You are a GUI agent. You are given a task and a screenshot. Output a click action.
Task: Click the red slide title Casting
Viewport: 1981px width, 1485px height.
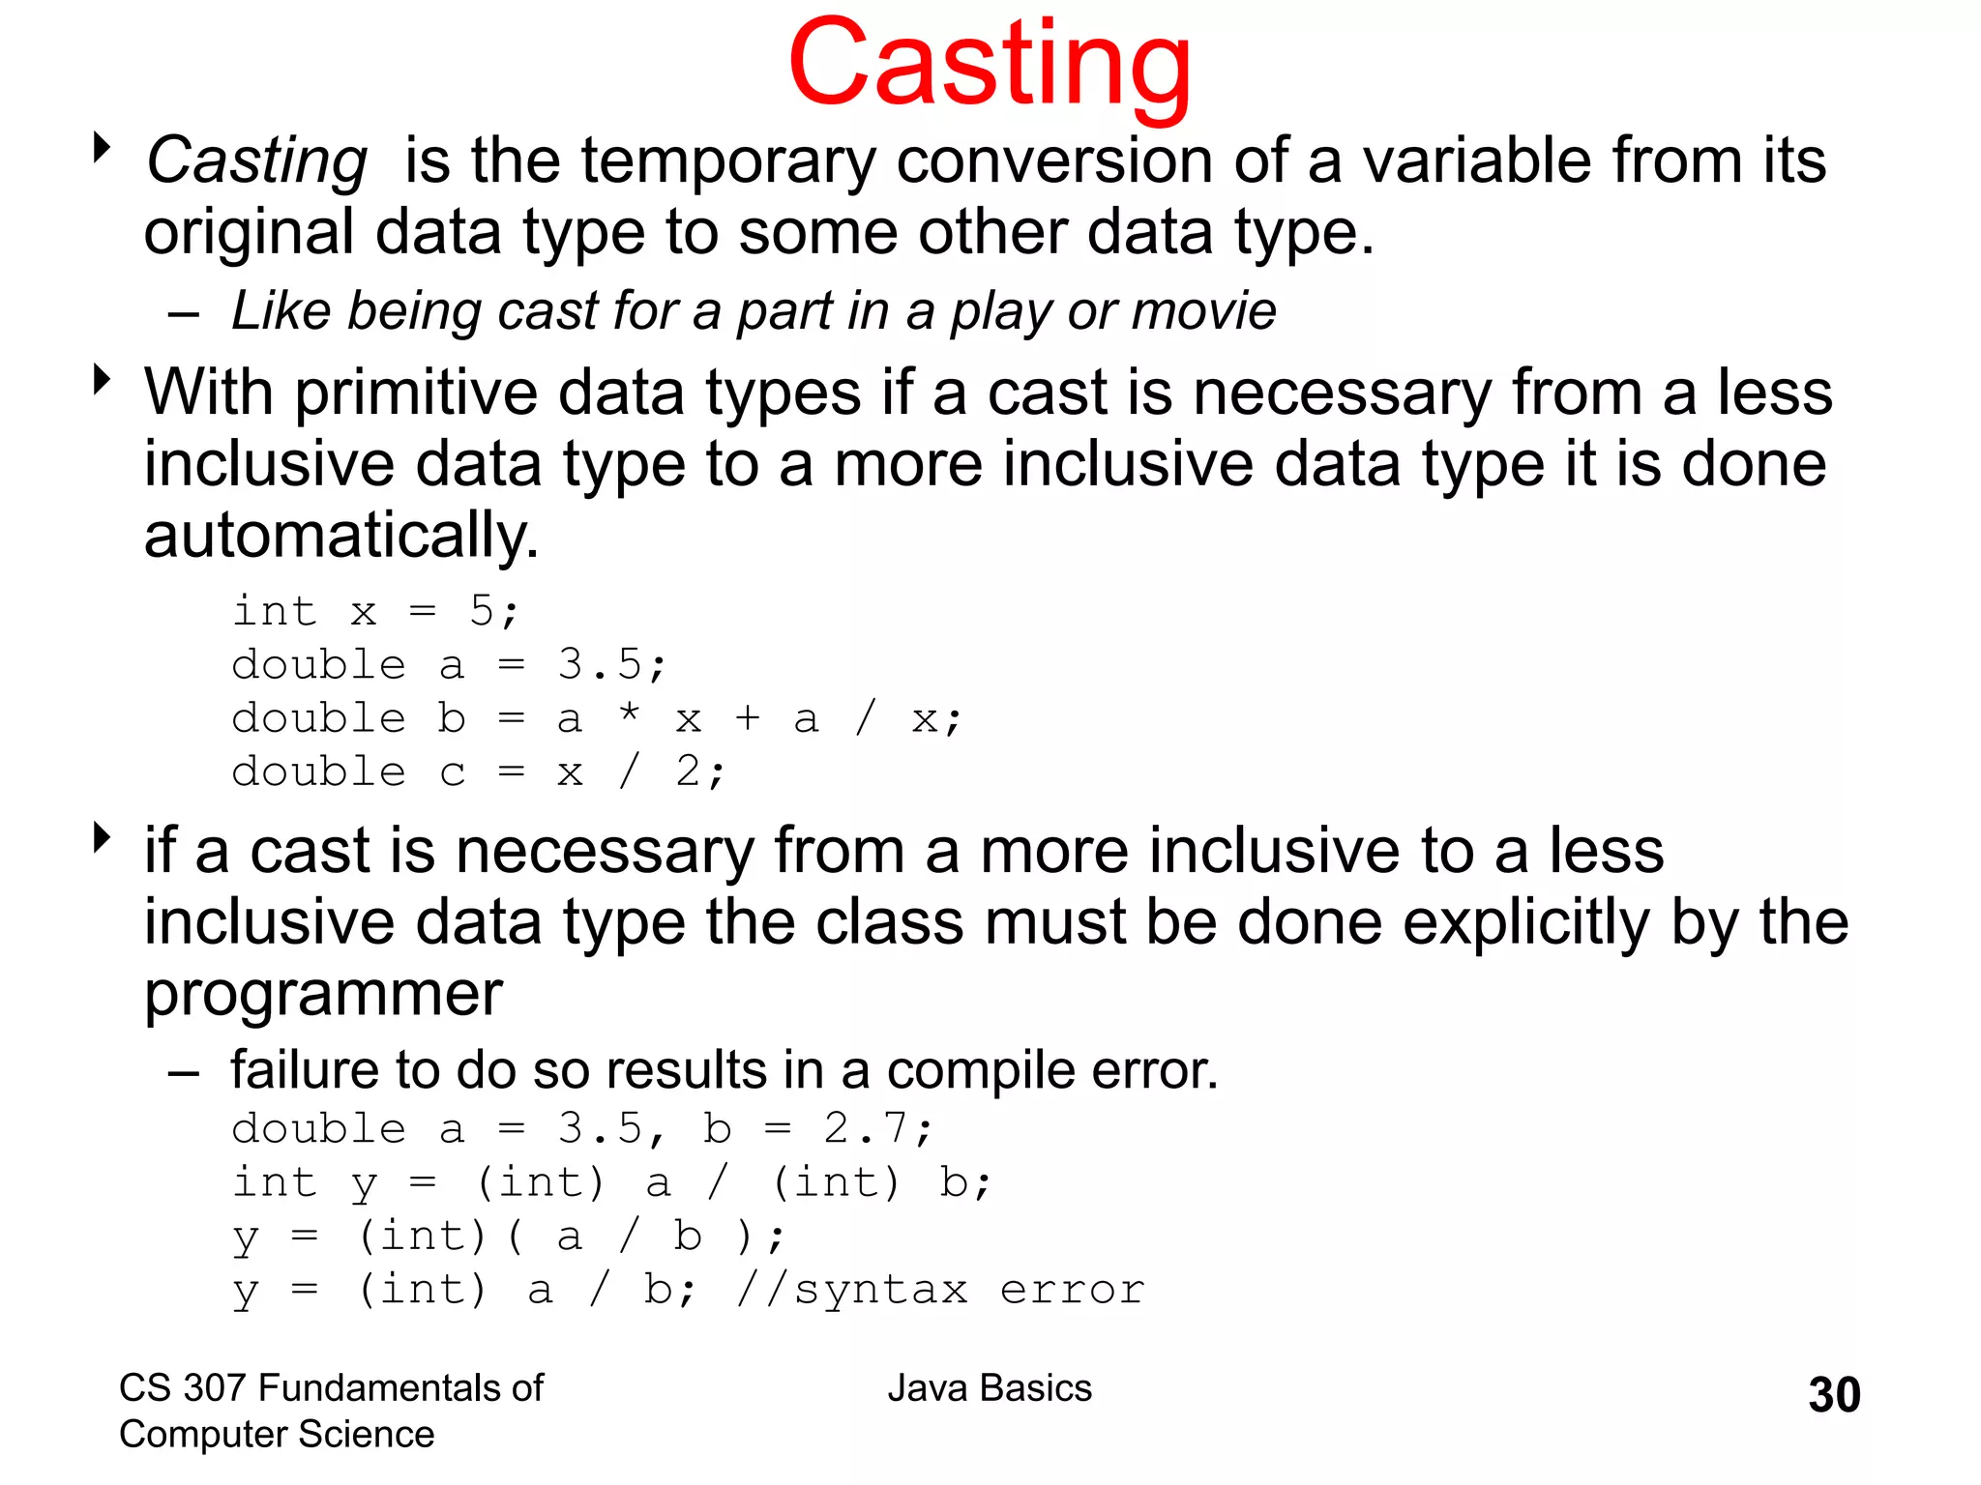pos(989,66)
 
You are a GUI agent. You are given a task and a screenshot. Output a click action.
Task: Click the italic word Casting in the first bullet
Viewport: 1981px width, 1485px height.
pos(256,160)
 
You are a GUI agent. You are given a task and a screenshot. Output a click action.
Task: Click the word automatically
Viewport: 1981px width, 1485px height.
pos(340,536)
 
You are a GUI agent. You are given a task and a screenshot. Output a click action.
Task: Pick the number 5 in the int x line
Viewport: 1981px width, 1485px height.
pos(482,611)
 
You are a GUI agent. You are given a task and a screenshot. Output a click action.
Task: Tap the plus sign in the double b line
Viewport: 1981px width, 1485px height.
pos(747,718)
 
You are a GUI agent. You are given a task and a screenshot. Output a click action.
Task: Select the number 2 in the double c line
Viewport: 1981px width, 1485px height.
pos(688,772)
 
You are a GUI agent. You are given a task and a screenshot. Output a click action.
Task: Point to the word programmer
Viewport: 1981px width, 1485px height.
pos(323,994)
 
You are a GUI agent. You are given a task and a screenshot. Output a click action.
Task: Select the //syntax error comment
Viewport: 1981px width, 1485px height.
pos(940,1290)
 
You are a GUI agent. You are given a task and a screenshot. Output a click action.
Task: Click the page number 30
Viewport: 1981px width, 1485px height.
pos(1834,1395)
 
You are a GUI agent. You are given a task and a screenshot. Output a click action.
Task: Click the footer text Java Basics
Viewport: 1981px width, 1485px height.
pos(990,1388)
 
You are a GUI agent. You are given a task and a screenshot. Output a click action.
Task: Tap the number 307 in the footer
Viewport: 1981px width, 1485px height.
pos(215,1388)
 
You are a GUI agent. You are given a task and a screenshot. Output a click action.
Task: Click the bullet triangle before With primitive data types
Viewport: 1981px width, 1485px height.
pos(102,379)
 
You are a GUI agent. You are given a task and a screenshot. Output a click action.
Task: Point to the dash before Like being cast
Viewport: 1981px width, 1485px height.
pos(183,314)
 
